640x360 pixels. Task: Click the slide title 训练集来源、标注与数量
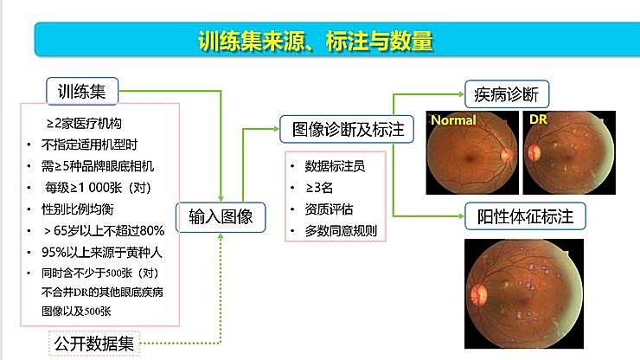(315, 41)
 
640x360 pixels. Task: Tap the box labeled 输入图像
(221, 217)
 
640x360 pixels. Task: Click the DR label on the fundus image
(539, 119)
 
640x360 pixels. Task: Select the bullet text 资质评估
(329, 209)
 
